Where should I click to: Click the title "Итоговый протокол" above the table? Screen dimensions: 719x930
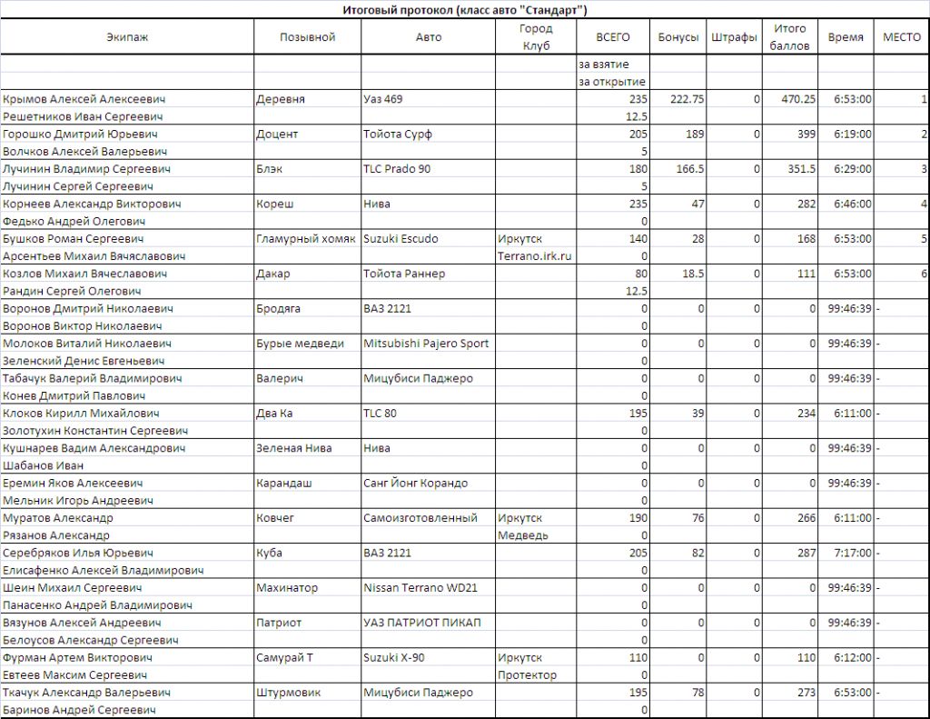tap(464, 10)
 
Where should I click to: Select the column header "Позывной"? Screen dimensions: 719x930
tap(307, 37)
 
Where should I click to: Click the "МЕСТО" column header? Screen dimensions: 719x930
tap(902, 37)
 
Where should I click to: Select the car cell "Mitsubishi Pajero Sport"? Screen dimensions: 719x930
tap(426, 344)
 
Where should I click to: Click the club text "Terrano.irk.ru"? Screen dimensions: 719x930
tap(534, 256)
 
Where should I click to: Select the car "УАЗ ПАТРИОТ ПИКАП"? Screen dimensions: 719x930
tap(421, 623)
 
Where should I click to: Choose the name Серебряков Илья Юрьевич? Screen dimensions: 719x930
tap(78, 553)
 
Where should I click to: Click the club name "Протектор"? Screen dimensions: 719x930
tap(527, 674)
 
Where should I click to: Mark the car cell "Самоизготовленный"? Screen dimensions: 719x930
tap(420, 518)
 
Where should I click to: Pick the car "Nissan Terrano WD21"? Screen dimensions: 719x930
tap(420, 588)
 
